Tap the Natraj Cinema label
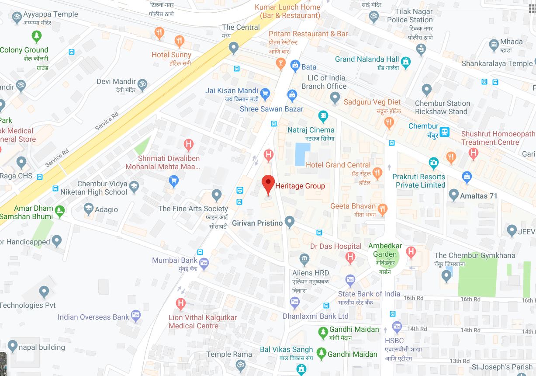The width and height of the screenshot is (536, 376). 311,130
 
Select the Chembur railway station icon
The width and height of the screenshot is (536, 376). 444,131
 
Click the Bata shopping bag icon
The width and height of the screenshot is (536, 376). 295,66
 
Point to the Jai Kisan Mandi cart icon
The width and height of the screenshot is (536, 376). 265,92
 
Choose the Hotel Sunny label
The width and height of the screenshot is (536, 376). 171,55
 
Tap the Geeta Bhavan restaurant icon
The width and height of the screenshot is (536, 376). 382,209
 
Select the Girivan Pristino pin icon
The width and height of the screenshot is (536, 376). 289,222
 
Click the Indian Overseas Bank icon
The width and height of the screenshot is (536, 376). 135,316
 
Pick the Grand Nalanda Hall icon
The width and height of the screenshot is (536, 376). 406,63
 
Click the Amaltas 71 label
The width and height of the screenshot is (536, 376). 478,196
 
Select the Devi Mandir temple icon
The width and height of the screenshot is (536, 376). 142,84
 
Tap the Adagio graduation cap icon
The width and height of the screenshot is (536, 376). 89,209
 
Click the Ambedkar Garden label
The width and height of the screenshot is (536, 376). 385,250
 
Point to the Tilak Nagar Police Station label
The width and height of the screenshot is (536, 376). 410,16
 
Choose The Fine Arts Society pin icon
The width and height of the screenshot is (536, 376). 217,195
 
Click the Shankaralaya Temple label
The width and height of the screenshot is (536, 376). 497,63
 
